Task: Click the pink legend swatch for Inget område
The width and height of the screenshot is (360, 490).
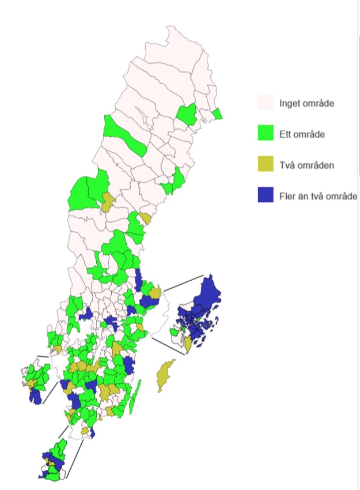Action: click(x=265, y=103)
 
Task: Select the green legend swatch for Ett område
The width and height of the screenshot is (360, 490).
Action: click(x=265, y=133)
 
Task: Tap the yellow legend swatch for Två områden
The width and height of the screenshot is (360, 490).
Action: click(x=265, y=164)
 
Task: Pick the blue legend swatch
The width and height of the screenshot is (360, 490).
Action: click(x=265, y=195)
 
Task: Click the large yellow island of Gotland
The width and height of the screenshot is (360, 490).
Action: click(x=165, y=375)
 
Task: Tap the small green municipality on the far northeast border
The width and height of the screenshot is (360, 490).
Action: click(x=217, y=114)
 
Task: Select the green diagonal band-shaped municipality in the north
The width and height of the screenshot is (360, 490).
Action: click(x=124, y=134)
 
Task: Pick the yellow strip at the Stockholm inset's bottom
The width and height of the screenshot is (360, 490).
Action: click(x=188, y=345)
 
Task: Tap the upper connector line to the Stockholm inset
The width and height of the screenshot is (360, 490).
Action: click(x=183, y=283)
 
